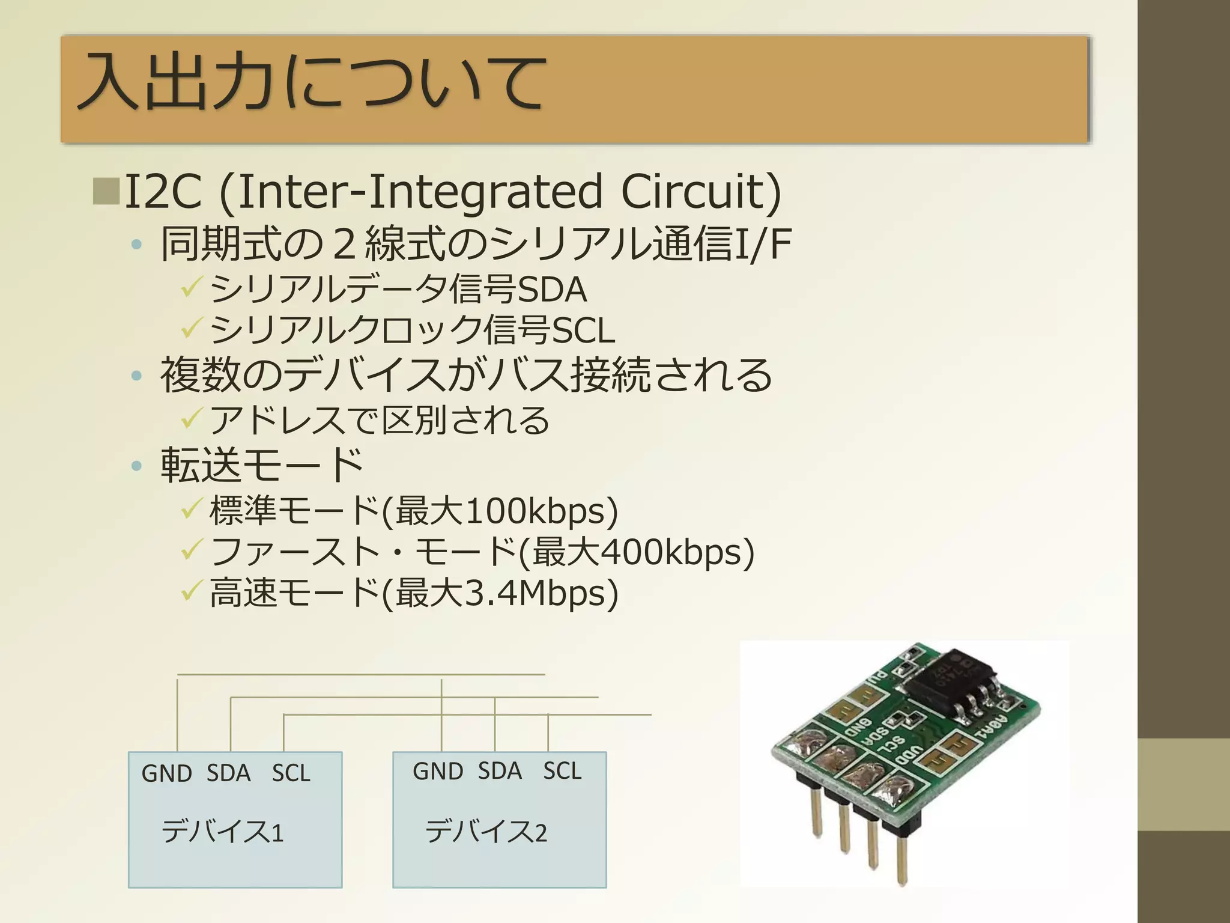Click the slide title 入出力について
pyautogui.click(x=312, y=82)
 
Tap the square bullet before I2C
pyautogui.click(x=106, y=191)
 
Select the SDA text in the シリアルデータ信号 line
pyautogui.click(x=551, y=290)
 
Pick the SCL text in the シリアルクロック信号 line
pyautogui.click(x=583, y=331)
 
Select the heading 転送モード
pyautogui.click(x=261, y=465)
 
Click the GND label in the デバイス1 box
pyautogui.click(x=166, y=773)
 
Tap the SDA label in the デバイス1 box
pyautogui.click(x=228, y=773)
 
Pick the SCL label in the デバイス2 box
pyautogui.click(x=562, y=771)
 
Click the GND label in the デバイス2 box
pyautogui.click(x=438, y=771)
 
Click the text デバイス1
pyautogui.click(x=222, y=832)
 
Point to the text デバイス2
pyautogui.click(x=486, y=832)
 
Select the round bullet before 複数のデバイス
pyautogui.click(x=137, y=376)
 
